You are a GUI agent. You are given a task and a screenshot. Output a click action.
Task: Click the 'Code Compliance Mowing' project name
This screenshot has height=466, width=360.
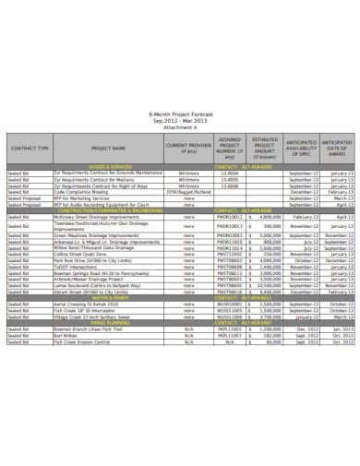tap(90, 187)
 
